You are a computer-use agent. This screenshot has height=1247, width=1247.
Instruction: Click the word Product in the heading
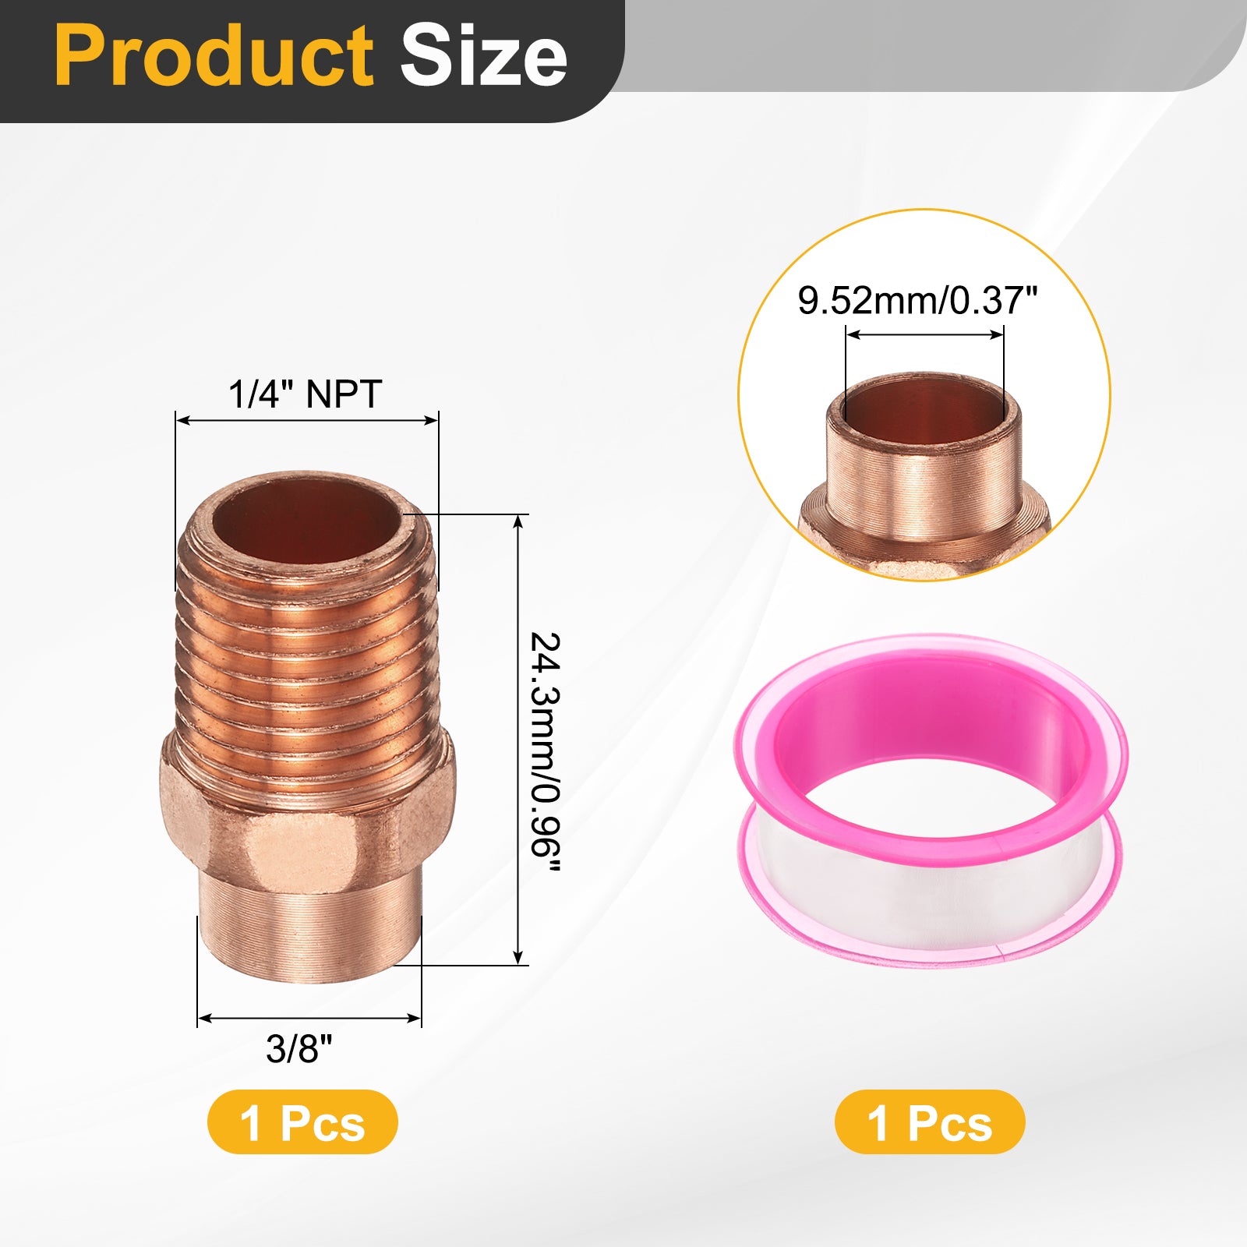pos(215,57)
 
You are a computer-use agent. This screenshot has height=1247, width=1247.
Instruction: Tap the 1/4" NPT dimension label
pos(305,394)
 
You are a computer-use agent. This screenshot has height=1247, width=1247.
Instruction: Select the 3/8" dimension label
pos(299,1048)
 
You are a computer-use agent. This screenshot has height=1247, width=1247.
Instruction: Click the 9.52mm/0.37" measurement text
pos(917,300)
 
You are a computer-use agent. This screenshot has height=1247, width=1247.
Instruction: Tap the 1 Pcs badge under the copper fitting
pos(302,1122)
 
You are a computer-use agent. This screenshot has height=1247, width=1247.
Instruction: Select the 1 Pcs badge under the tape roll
pos(930,1122)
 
